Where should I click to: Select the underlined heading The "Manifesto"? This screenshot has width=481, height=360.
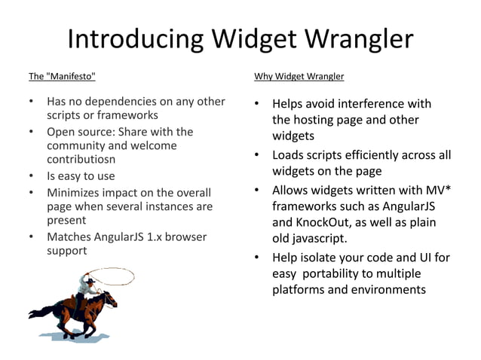tap(63, 76)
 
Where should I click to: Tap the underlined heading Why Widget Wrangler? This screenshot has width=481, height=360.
tap(299, 76)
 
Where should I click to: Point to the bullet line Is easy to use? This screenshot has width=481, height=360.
tap(81, 176)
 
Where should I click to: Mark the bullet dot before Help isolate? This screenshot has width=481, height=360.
tap(257, 258)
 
